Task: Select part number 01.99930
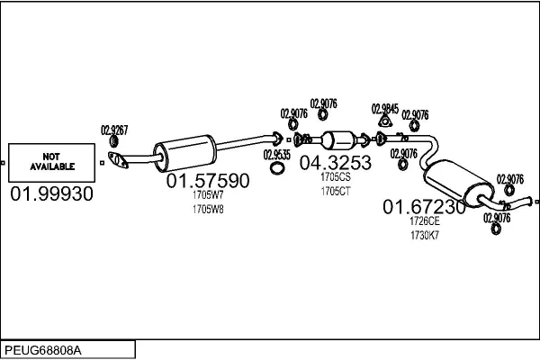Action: [51, 194]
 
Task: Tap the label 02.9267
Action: [114, 130]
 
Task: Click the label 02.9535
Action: [277, 154]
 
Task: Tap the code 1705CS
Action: [334, 177]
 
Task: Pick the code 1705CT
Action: [334, 191]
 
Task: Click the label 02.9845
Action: [383, 107]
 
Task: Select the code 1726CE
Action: [424, 221]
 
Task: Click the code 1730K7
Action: [424, 235]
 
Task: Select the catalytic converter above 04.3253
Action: [339, 141]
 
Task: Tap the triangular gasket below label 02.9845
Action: [383, 122]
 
